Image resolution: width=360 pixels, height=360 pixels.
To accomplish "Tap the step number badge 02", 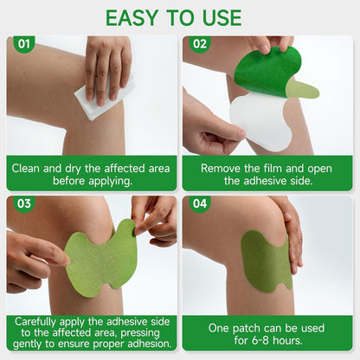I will (x=200, y=43).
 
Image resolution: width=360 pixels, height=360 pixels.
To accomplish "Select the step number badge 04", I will (x=200, y=205).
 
